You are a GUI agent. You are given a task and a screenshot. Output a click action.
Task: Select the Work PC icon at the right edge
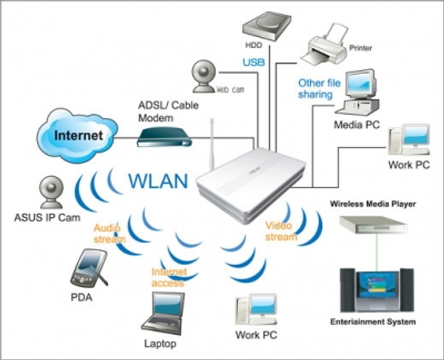[408, 141]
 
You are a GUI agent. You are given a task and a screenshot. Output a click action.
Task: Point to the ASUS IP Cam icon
[50, 193]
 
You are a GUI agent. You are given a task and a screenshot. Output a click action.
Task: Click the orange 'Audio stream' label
[109, 234]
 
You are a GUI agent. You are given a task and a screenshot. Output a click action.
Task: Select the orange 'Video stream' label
[280, 231]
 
